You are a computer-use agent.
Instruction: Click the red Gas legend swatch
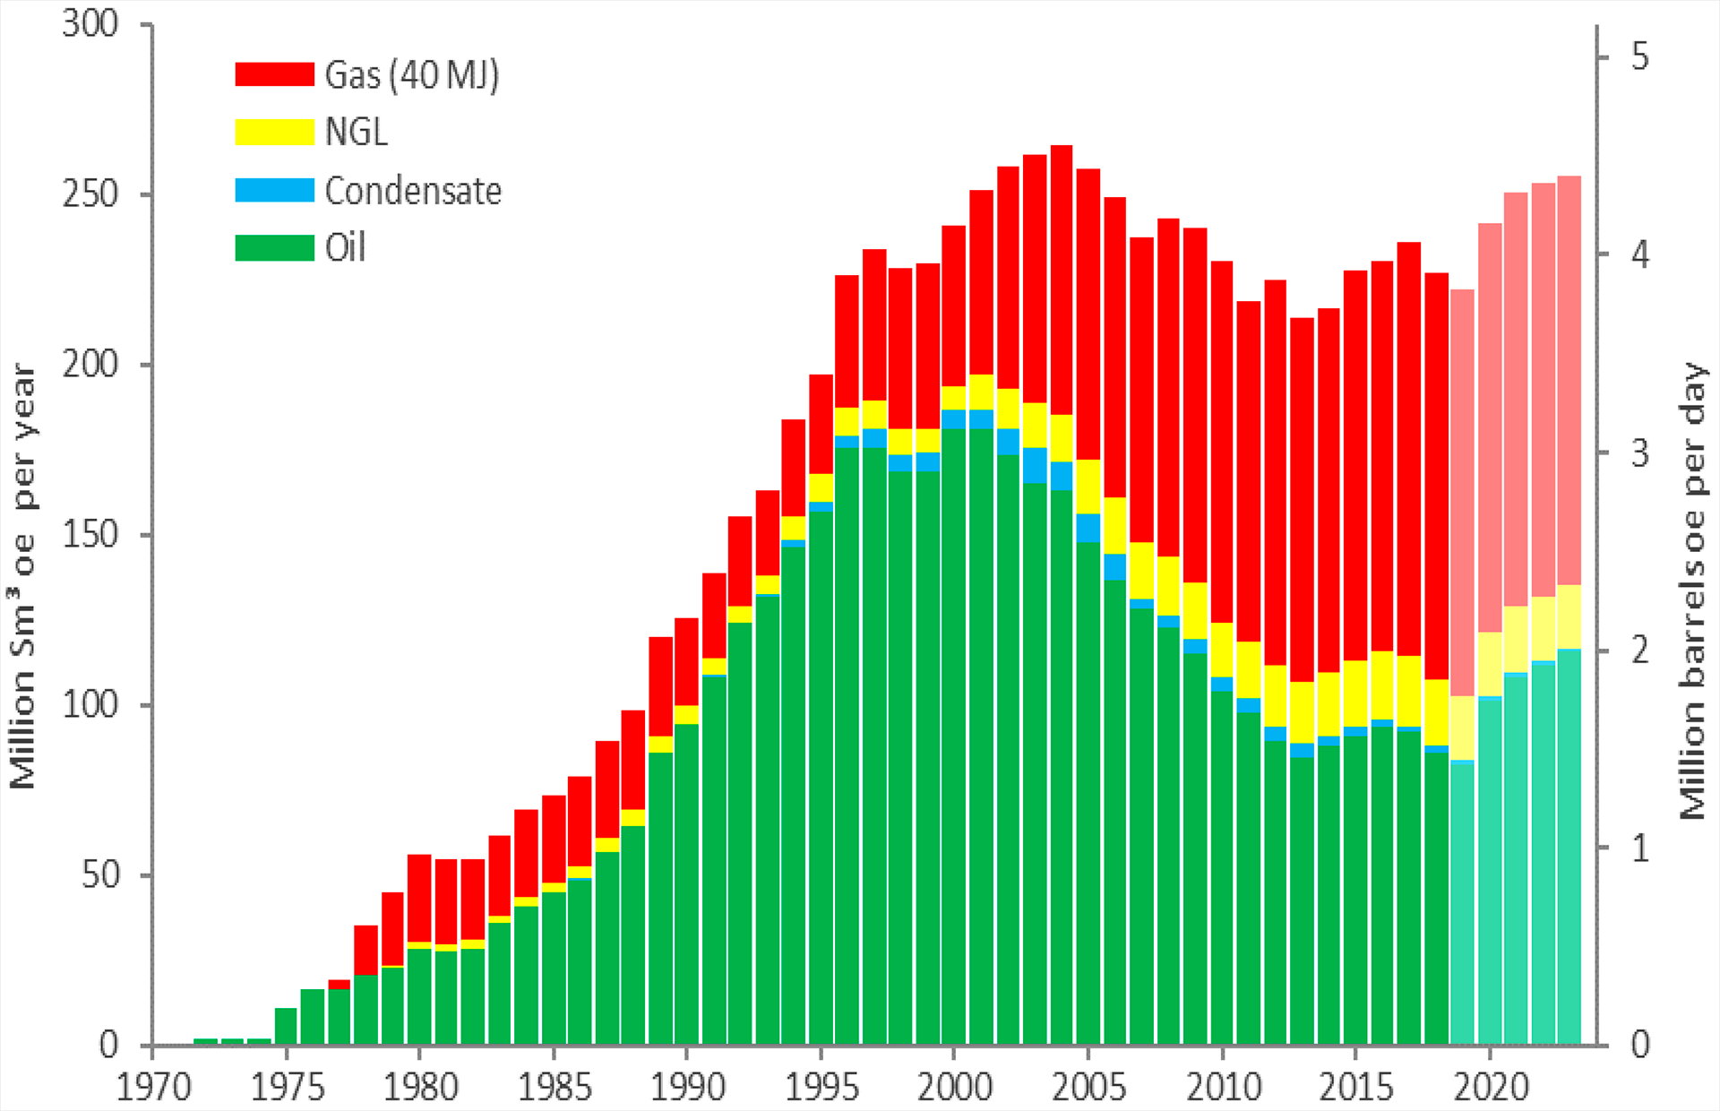pos(274,74)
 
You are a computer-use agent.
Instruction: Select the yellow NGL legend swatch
pos(274,132)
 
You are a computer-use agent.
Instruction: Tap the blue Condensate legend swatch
pos(274,190)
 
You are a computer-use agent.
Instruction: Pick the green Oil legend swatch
pos(274,247)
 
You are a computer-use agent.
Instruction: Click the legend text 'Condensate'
pos(413,191)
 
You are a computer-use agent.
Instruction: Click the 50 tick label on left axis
pos(99,875)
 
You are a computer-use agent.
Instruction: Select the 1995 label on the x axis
pos(821,1087)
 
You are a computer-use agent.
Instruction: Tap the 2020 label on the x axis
pos(1491,1087)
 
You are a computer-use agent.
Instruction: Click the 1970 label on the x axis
pos(154,1087)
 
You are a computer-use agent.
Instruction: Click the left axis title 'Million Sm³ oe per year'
pos(22,576)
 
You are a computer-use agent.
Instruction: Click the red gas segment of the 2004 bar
pos(1062,278)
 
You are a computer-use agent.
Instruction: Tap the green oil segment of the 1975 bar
pos(286,1026)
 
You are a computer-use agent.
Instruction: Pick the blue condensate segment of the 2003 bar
pos(1035,465)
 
